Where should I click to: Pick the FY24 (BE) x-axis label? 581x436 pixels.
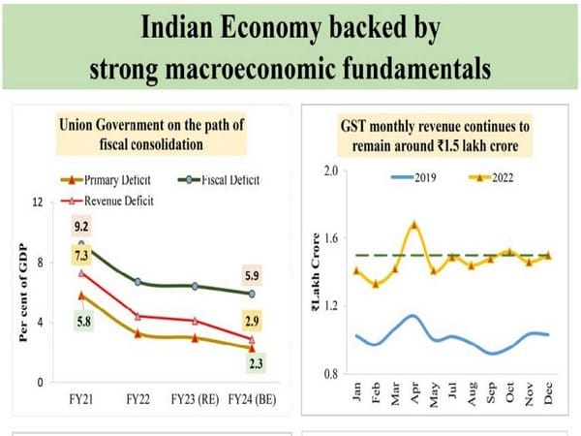click(x=250, y=398)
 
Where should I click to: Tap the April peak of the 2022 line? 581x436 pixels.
click(x=414, y=225)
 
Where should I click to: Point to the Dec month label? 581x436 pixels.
click(x=549, y=391)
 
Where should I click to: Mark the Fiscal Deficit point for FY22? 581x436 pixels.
click(x=138, y=282)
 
